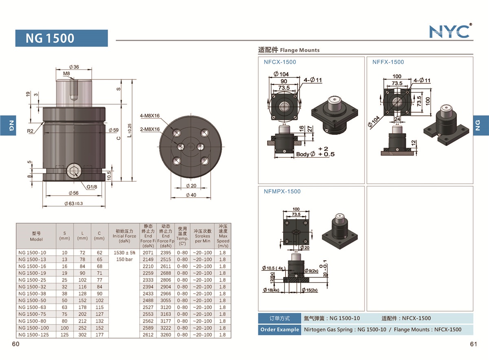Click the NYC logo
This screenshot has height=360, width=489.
coord(450,31)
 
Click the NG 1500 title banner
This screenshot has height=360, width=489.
coord(62,38)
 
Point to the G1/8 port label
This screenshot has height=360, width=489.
coord(92,187)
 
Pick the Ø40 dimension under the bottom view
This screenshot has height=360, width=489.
coord(191,195)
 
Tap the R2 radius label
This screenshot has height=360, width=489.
coord(30,131)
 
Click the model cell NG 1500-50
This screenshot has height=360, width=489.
coord(32,301)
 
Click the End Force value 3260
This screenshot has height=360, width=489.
coord(165,335)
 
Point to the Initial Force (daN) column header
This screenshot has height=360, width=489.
coord(124,236)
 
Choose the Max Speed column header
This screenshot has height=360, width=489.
coord(223,236)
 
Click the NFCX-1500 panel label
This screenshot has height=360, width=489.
coord(280,62)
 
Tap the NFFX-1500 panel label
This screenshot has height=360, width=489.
coord(388,62)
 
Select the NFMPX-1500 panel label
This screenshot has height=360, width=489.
coord(282,191)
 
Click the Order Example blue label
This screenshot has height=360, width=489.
coord(279,329)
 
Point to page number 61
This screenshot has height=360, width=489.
coord(473,344)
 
